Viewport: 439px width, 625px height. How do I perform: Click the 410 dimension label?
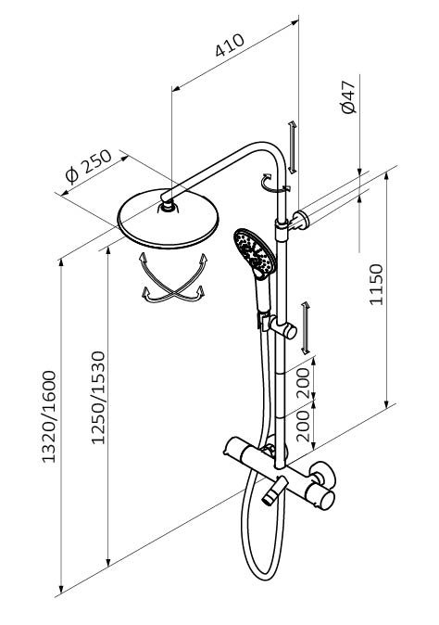pos(230,45)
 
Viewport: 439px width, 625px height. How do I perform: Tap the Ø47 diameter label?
pos(348,97)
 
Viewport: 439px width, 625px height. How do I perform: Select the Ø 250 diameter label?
pos(88,167)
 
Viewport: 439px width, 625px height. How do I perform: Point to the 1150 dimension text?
pos(376,284)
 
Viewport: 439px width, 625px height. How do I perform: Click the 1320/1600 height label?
pos(49,417)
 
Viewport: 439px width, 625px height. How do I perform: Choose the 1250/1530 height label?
pos(98,398)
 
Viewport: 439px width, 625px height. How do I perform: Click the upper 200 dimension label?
pos(303,383)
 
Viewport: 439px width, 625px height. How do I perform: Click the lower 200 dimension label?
pos(303,426)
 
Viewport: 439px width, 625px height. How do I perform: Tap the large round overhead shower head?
pos(169,219)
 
